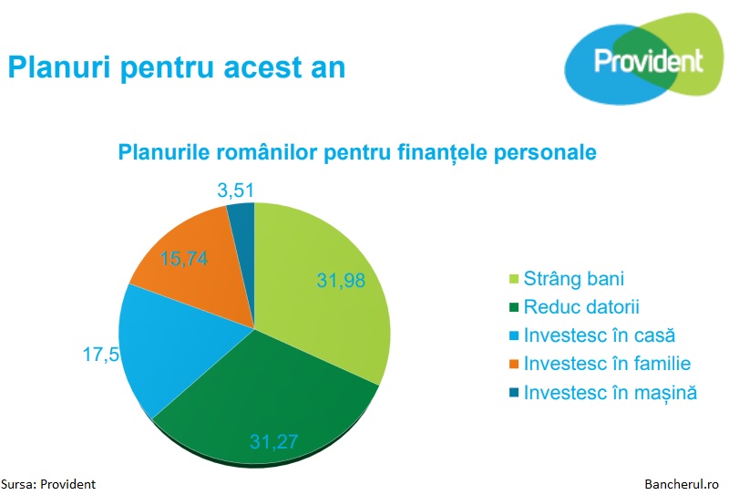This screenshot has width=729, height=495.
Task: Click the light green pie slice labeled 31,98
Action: [325, 284]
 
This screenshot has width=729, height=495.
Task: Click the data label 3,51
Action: [236, 191]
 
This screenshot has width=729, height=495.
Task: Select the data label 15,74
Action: [184, 259]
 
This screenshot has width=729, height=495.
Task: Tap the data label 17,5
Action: [101, 355]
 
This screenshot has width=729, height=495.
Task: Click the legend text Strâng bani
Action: [574, 279]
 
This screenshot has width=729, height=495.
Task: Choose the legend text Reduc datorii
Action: [581, 307]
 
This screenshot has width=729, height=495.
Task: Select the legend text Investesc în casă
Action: [600, 335]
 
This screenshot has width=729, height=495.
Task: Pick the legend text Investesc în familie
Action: [607, 364]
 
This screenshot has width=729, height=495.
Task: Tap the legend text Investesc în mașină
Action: [611, 393]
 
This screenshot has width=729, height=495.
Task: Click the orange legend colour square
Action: [514, 364]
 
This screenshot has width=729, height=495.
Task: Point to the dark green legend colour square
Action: [514, 307]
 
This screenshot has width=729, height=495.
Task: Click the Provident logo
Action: [644, 59]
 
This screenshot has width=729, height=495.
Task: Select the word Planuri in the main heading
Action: [59, 67]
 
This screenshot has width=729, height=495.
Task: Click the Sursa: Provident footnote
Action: [48, 484]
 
